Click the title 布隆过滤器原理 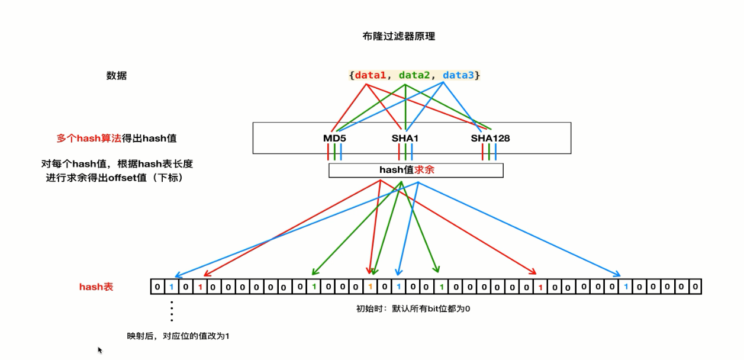point(398,36)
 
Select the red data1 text point(371,75)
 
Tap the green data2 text point(414,75)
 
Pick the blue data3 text point(458,75)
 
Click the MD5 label point(334,139)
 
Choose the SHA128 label point(490,139)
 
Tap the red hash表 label point(96,287)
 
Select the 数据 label point(117,76)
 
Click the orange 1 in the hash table point(370,287)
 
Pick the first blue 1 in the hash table point(171,287)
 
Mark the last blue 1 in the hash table point(626,287)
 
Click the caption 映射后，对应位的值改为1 point(178,336)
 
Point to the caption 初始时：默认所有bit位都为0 point(413,308)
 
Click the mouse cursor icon point(100,350)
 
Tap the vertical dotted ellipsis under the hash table point(172,311)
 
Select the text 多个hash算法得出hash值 point(117,139)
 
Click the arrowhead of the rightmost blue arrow point(618,274)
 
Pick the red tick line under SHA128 point(483,152)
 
